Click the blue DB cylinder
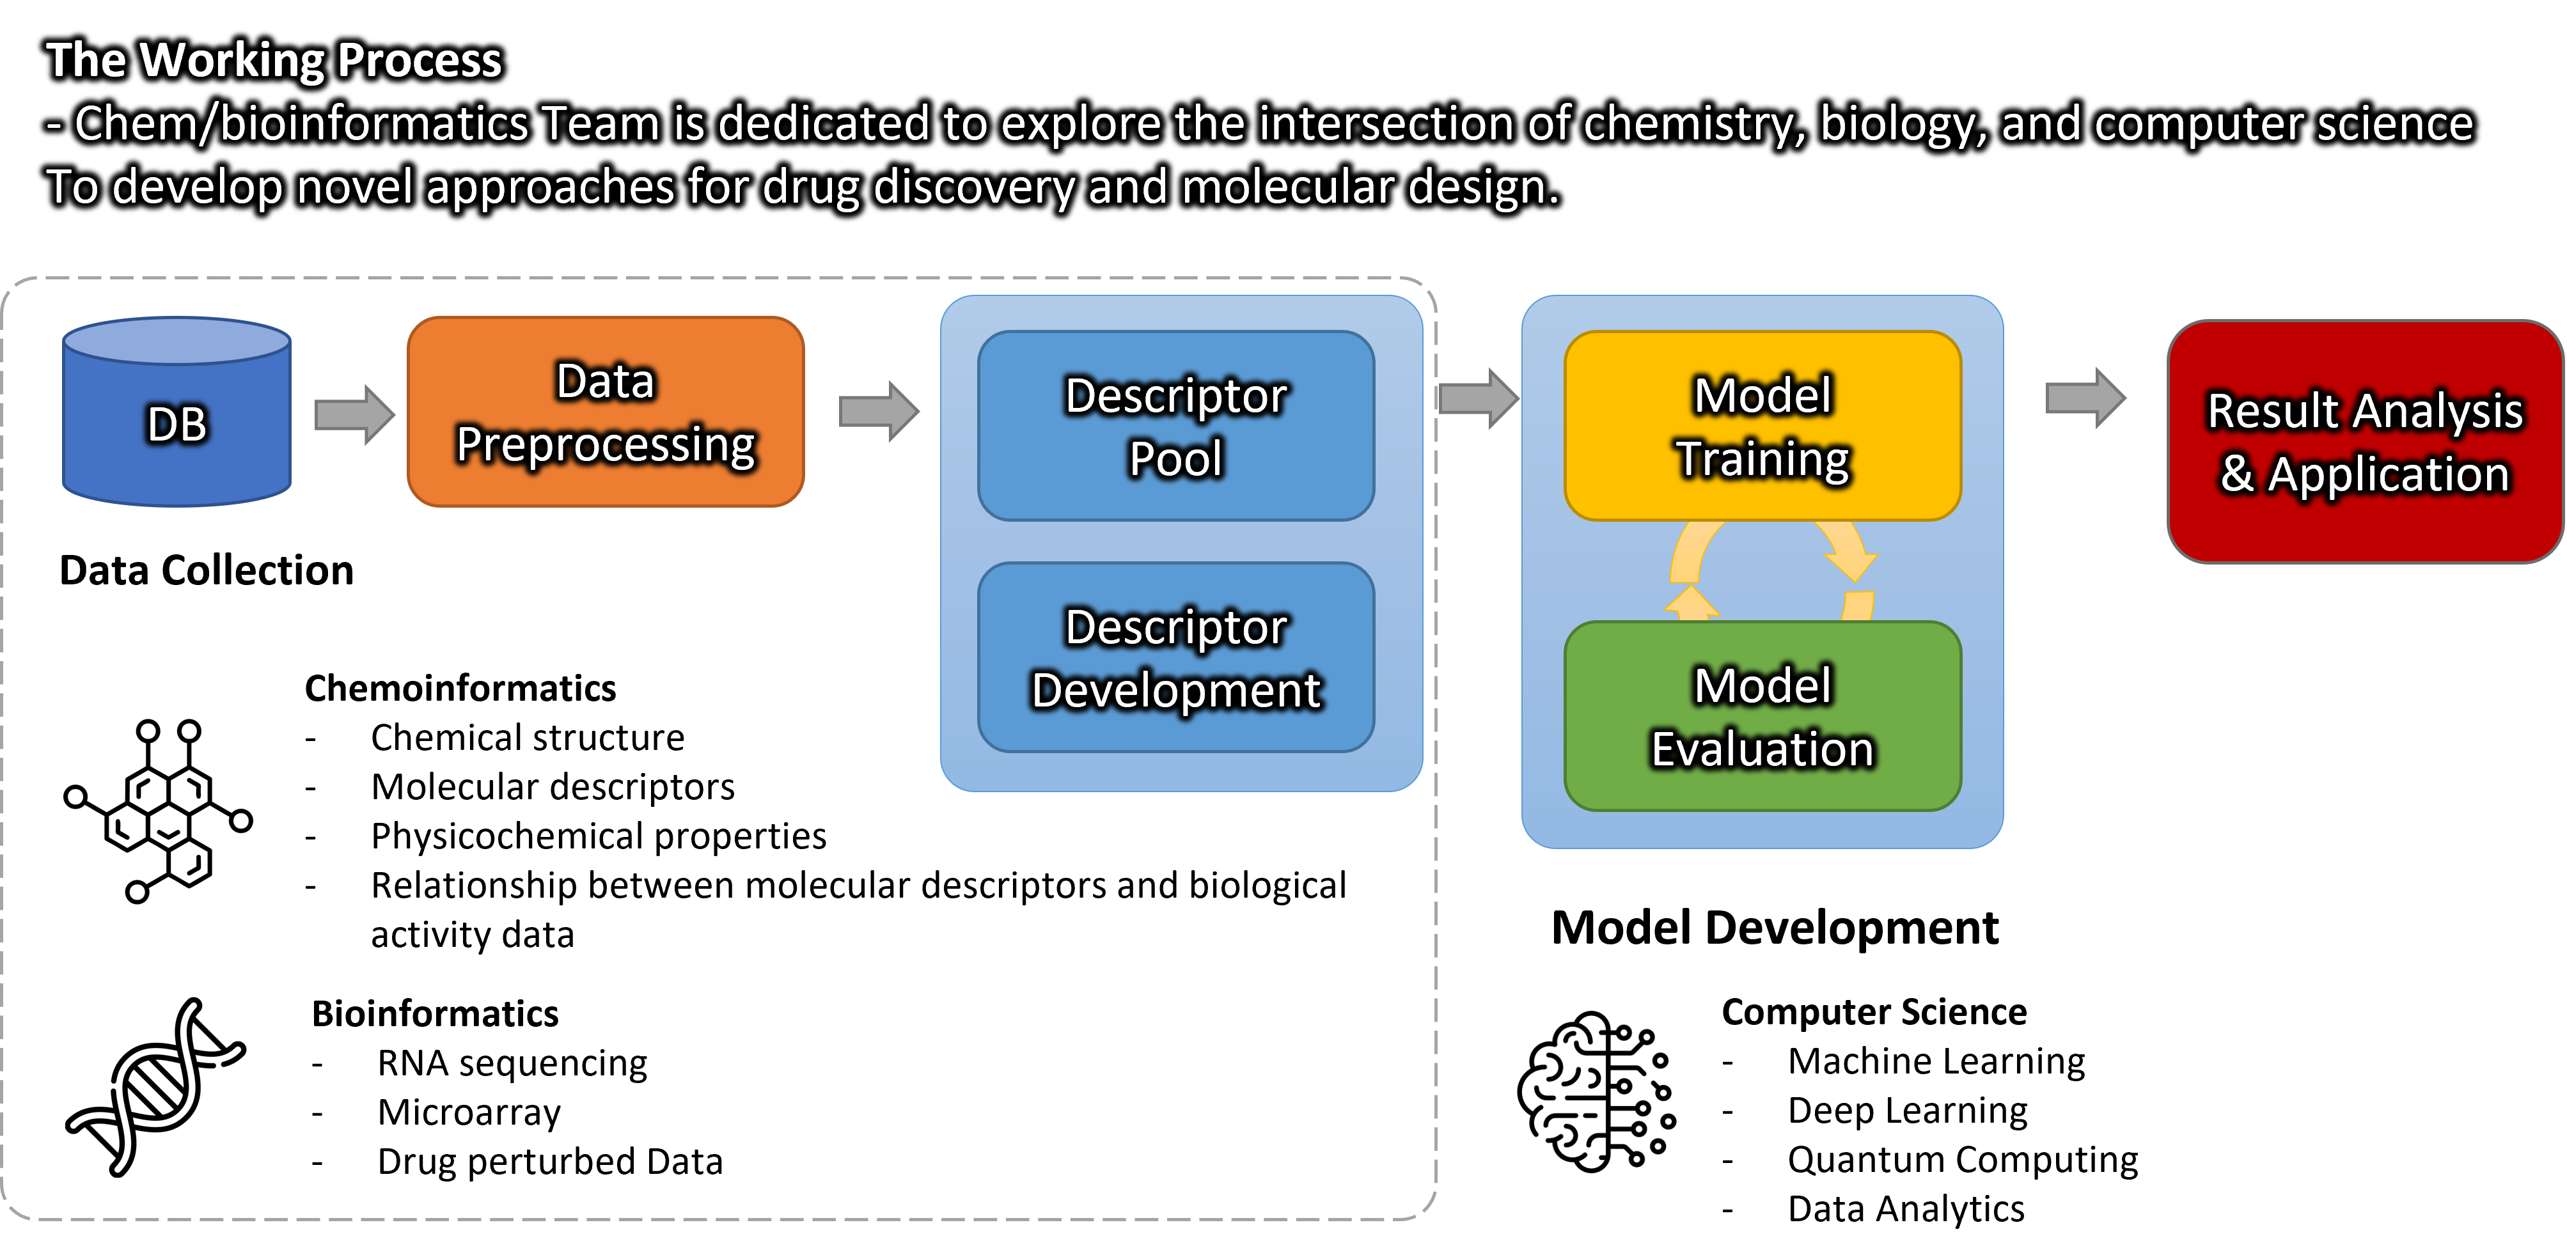click(x=177, y=411)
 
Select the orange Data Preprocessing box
click(x=606, y=411)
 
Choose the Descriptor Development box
click(x=1176, y=657)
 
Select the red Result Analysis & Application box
click(x=2365, y=441)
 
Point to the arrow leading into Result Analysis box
click(x=2085, y=398)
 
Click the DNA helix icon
click(x=155, y=1087)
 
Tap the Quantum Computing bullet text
click(x=1962, y=1159)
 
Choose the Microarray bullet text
click(x=468, y=1112)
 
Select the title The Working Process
click(x=274, y=59)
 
